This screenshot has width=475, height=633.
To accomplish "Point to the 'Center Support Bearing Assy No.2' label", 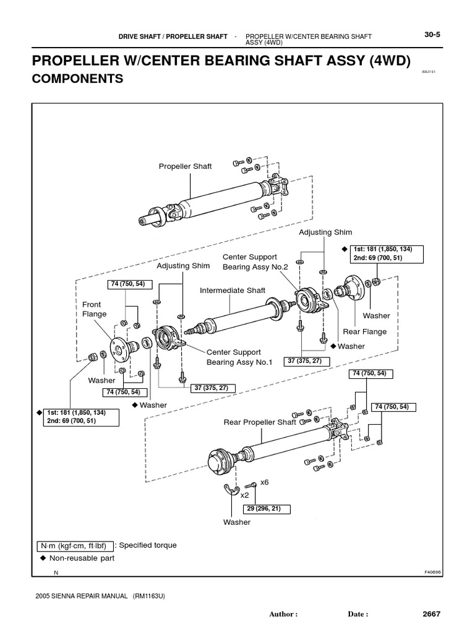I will (x=250, y=261).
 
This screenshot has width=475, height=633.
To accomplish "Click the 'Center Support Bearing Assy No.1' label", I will (x=239, y=357).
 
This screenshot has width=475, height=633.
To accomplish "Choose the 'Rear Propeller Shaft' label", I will (x=260, y=422).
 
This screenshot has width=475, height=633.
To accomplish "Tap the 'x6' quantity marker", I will (x=265, y=482).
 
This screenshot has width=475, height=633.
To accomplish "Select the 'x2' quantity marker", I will (x=244, y=495).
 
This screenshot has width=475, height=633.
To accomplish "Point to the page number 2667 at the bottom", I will (x=432, y=614).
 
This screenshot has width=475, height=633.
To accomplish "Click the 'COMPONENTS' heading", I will (x=77, y=79).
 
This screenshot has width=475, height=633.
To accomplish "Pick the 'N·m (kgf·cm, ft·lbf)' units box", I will (x=74, y=546).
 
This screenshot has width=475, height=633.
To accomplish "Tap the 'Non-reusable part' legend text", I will (x=81, y=558).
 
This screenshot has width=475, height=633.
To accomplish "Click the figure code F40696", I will (x=432, y=572).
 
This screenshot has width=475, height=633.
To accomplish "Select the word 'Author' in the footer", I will (x=283, y=614).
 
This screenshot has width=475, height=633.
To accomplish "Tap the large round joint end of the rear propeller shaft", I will (x=220, y=461).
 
